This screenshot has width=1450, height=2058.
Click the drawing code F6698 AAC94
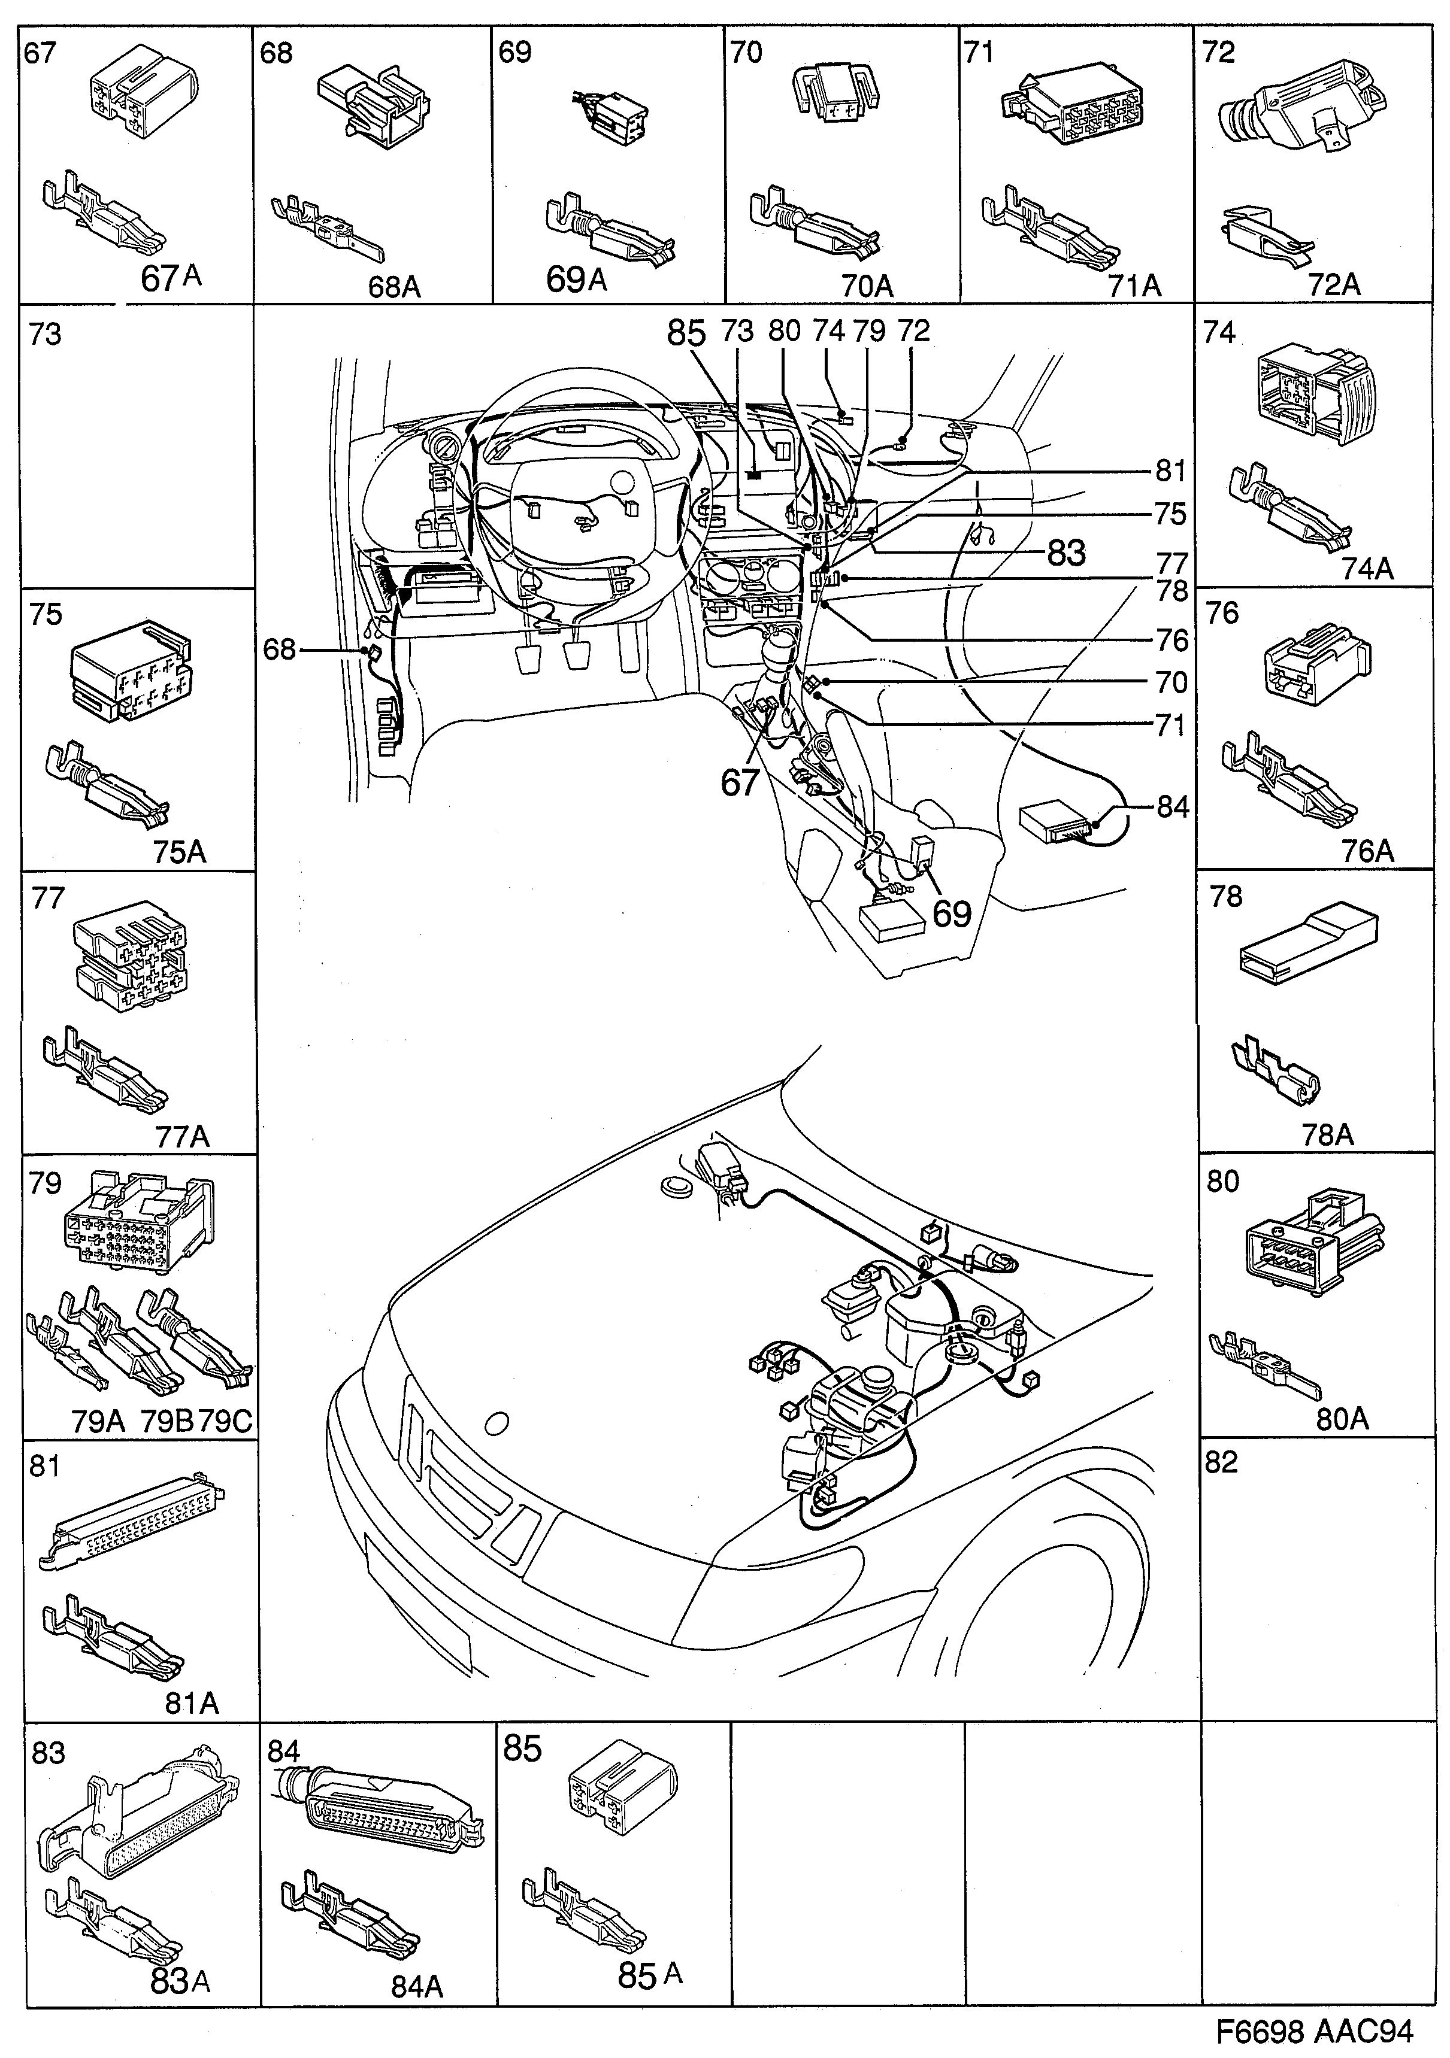(x=1315, y=2030)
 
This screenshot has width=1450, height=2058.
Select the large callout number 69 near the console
(x=952, y=913)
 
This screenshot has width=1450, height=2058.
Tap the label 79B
(x=167, y=1422)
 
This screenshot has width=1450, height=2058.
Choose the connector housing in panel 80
(x=1310, y=1242)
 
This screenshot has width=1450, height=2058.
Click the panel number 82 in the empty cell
(x=1221, y=1462)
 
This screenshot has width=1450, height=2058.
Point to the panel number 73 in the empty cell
(x=45, y=335)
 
